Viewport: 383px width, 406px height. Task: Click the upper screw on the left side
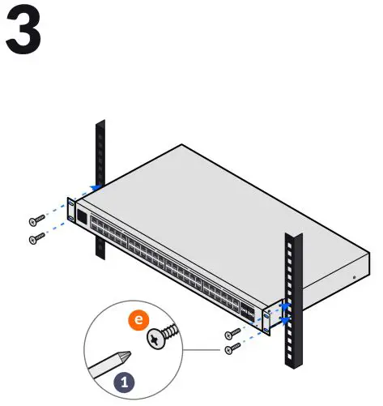pyautogui.click(x=36, y=220)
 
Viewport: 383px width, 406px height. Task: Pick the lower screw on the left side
pyautogui.click(x=36, y=238)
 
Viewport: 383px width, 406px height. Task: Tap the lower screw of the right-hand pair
pyautogui.click(x=232, y=348)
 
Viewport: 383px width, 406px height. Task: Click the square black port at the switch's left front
pyautogui.click(x=82, y=217)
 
